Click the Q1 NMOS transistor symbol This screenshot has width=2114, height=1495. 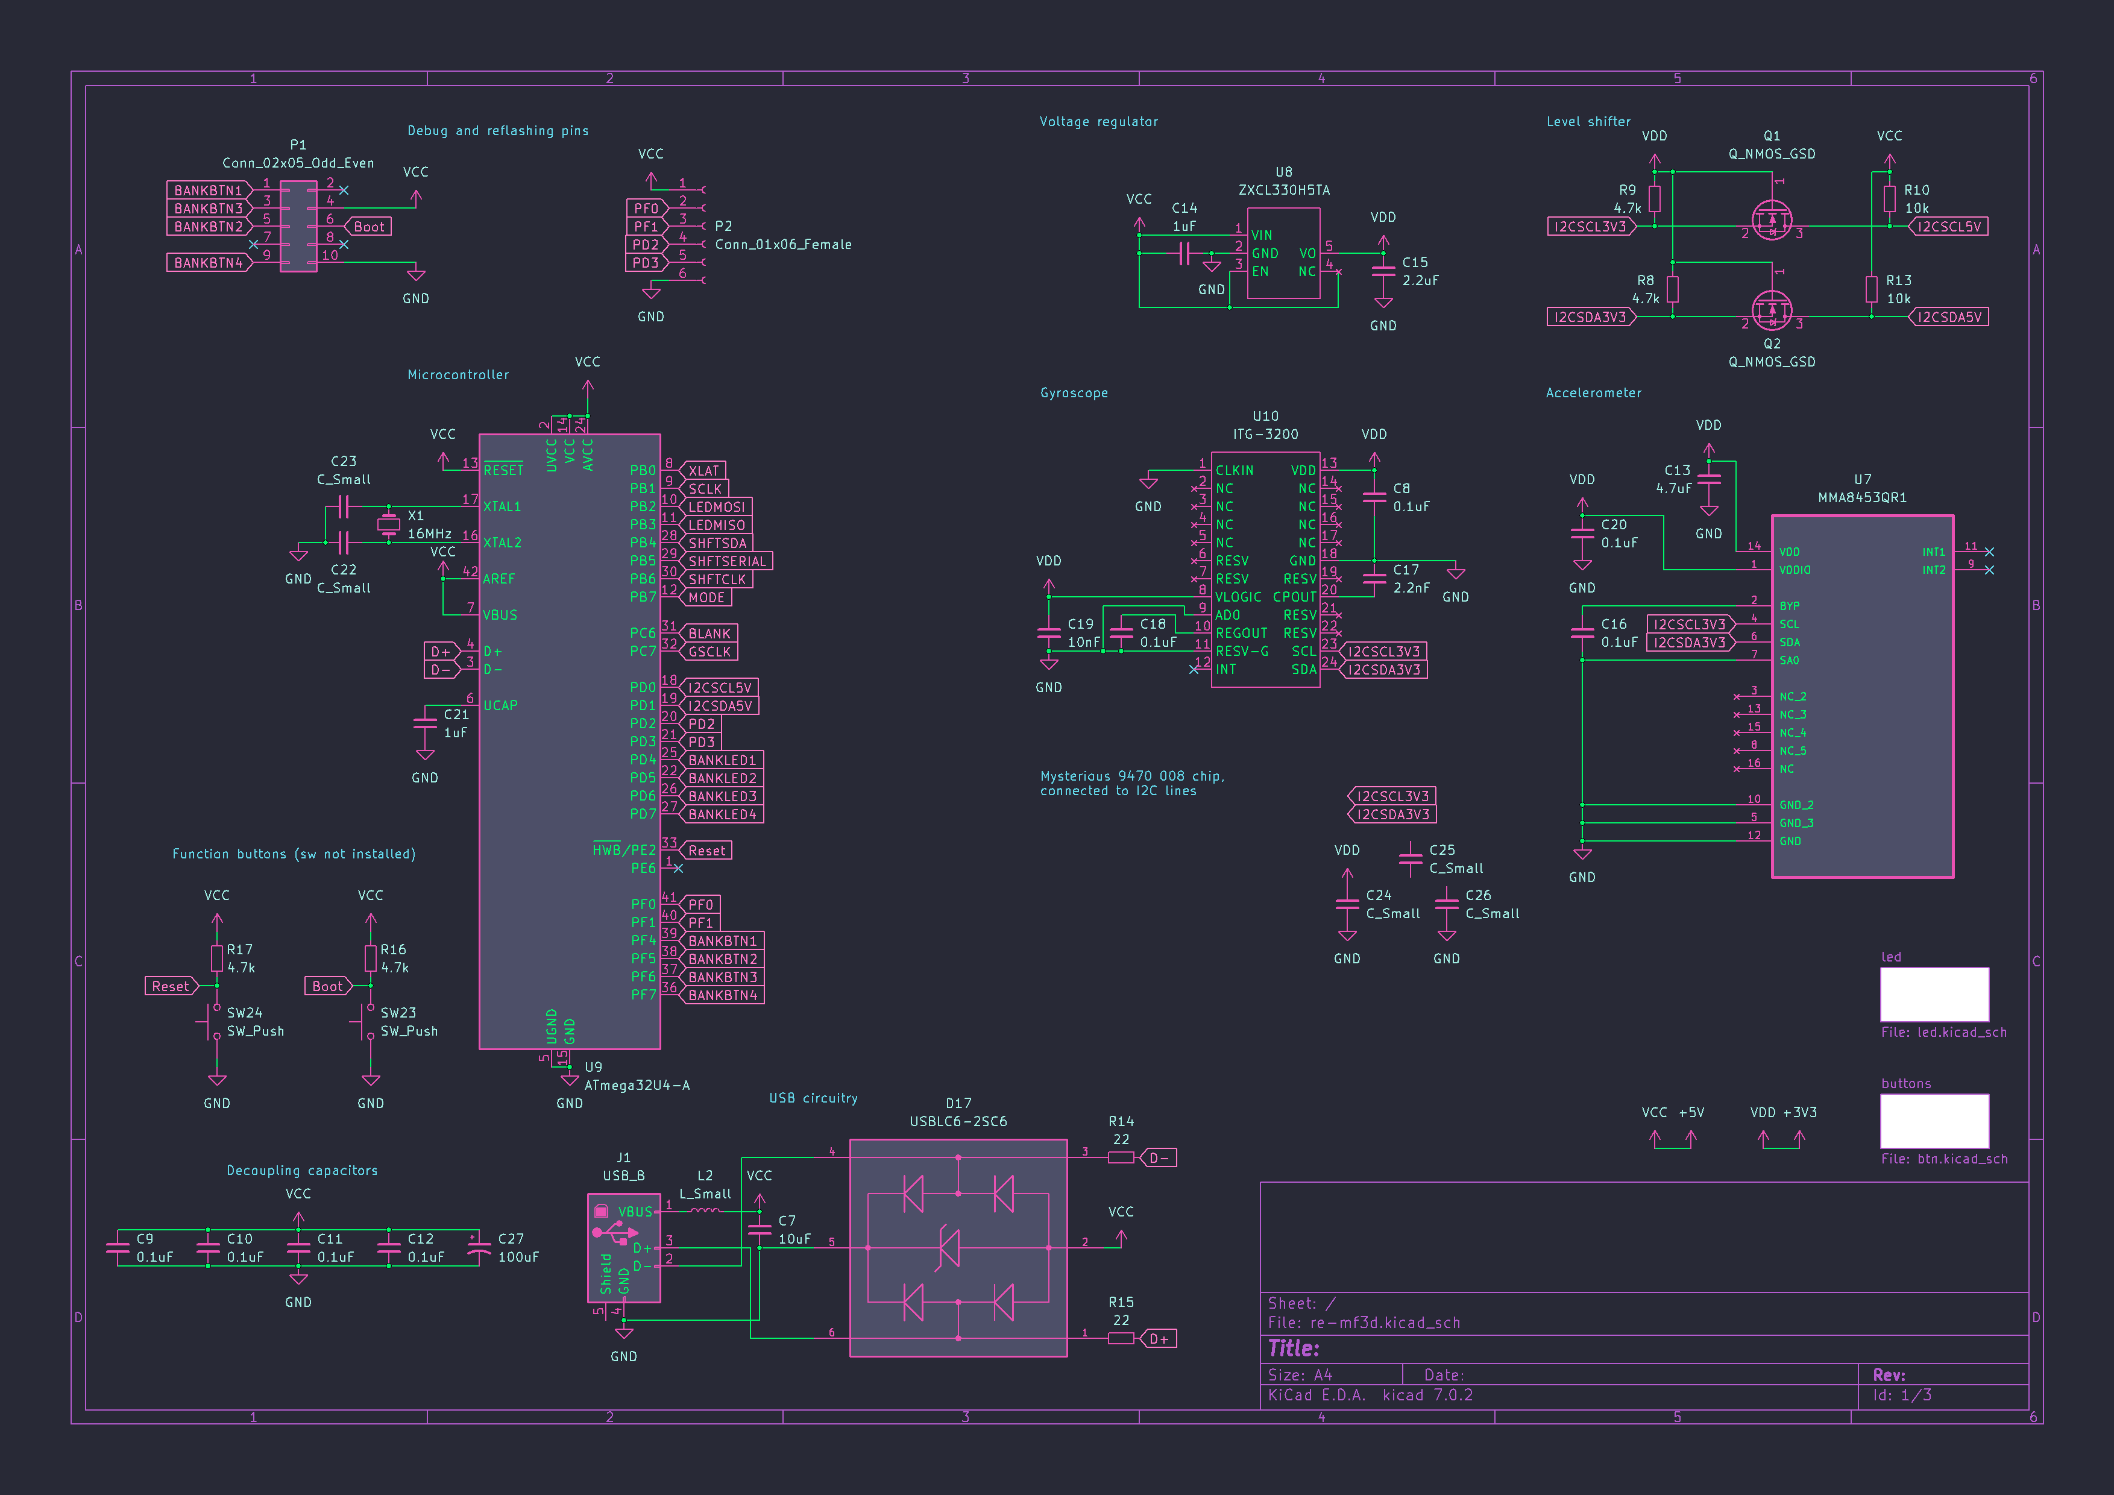pos(1772,219)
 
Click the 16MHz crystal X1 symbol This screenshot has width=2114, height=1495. pos(389,524)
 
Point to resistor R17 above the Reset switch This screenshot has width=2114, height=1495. pos(217,958)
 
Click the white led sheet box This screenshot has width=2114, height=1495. pos(1934,994)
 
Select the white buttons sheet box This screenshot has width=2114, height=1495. pos(1934,1121)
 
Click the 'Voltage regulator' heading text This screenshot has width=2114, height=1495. pos(1098,122)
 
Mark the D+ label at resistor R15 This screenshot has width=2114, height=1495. pos(1159,1338)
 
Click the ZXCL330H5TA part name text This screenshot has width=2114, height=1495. pos(1283,190)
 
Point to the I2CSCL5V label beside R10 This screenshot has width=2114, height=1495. pos(1948,227)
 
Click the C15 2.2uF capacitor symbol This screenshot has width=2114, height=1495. pos(1383,271)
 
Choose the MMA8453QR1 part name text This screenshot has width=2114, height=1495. pos(1861,498)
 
